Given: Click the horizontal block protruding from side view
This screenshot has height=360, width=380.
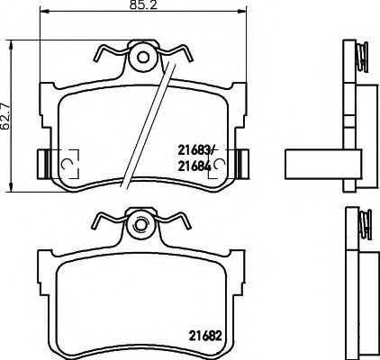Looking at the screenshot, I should [314, 162].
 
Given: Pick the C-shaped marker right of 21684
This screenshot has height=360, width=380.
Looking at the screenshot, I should [218, 163].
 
